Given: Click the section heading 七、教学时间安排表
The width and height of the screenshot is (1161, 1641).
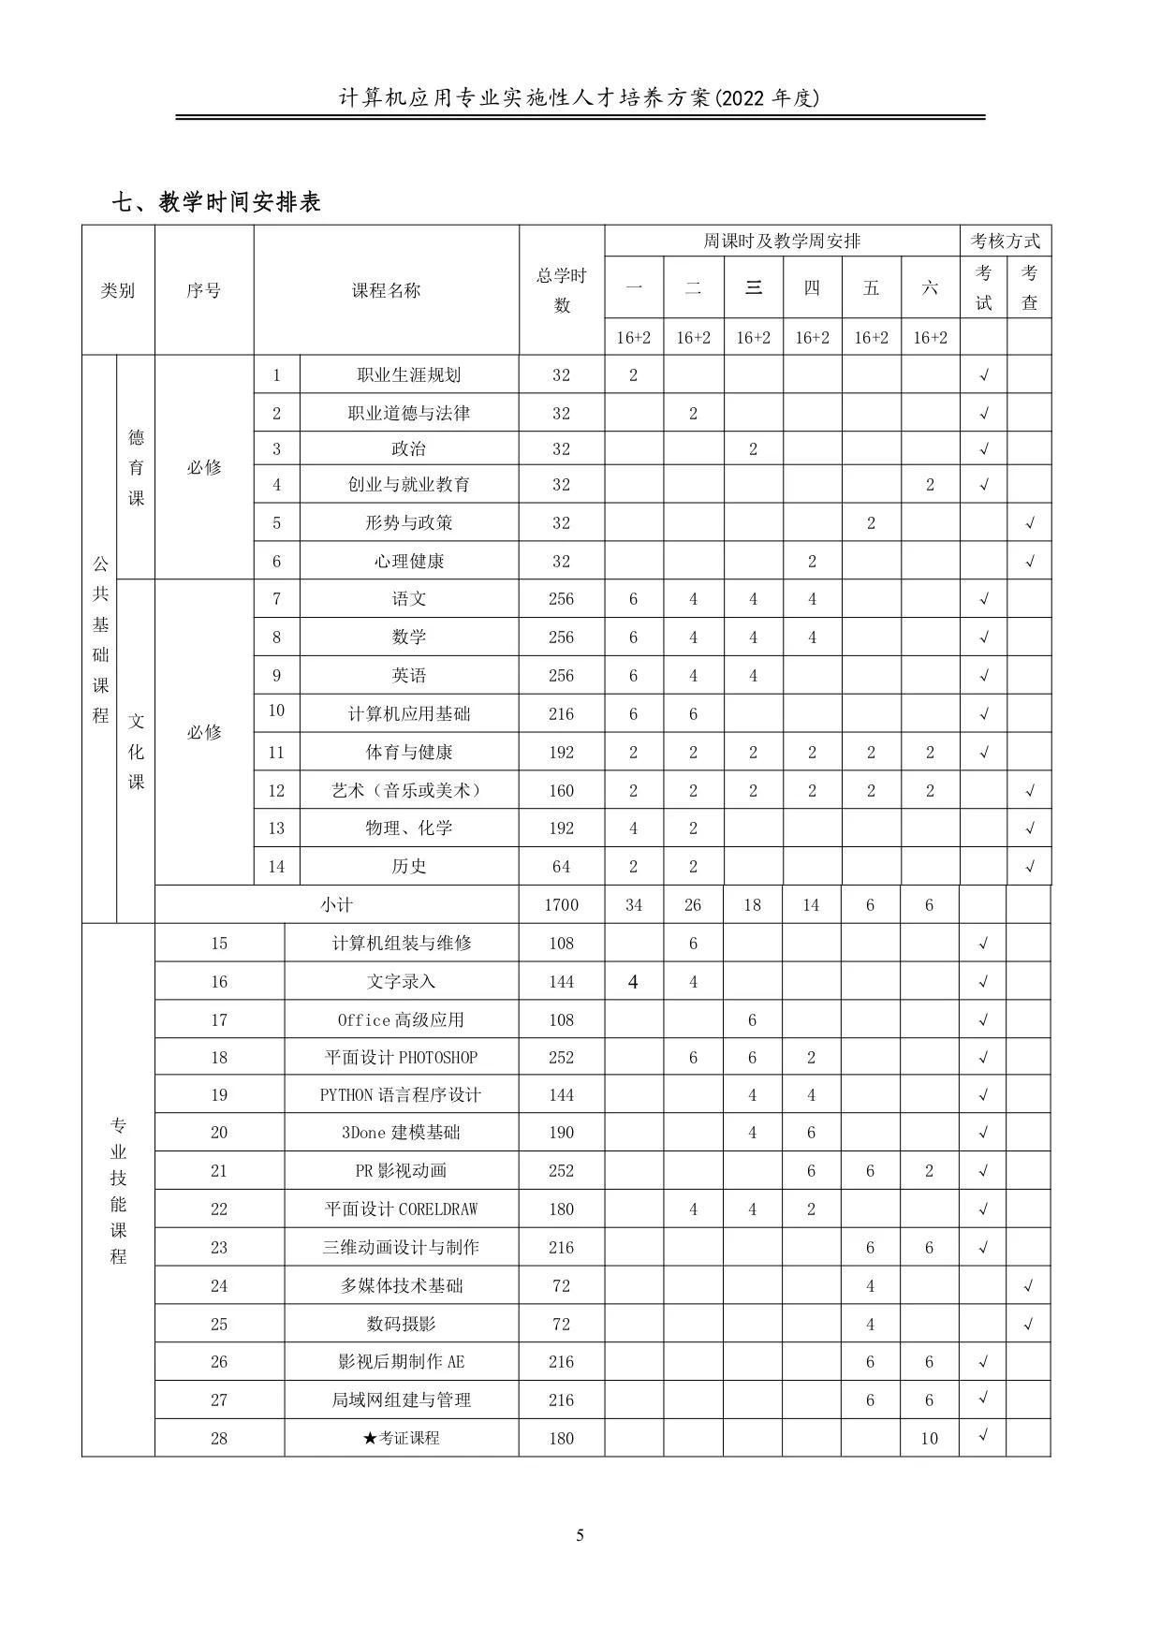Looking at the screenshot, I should (x=216, y=201).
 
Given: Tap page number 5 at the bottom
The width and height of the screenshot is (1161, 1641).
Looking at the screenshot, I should (x=580, y=1534).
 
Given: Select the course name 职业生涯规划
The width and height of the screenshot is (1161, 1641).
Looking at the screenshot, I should (x=409, y=374).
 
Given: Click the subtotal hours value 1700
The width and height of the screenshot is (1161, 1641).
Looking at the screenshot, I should (x=561, y=904).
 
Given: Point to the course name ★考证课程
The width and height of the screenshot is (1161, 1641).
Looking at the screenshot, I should (x=401, y=1437).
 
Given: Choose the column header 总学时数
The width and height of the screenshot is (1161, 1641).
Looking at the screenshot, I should (x=561, y=290).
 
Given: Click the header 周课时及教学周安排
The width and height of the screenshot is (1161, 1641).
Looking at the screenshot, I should (x=782, y=241).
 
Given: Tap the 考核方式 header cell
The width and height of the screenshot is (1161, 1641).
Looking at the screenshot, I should (x=1005, y=241).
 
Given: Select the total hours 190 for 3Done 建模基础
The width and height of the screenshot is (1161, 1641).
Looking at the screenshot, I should (x=561, y=1132).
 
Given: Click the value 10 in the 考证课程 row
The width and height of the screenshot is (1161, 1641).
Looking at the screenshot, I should (x=929, y=1438).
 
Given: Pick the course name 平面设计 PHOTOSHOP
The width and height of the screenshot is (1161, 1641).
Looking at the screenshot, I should (x=401, y=1057).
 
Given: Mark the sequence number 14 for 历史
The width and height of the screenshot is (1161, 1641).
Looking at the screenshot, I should (x=276, y=866).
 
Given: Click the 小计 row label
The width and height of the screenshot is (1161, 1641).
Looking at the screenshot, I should (x=336, y=904).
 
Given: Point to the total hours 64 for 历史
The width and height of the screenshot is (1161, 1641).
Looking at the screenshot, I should (x=561, y=866).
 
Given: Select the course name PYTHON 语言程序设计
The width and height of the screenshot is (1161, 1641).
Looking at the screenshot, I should (x=401, y=1094).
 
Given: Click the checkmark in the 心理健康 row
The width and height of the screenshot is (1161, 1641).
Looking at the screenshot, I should (x=1029, y=562).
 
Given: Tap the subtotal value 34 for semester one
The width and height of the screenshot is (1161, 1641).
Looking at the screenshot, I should (x=633, y=904).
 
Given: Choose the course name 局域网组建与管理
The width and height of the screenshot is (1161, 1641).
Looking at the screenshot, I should (x=401, y=1399).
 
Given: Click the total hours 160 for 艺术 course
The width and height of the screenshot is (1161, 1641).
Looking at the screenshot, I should (x=561, y=790).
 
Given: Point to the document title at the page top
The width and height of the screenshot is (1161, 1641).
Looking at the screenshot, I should (x=580, y=97).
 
